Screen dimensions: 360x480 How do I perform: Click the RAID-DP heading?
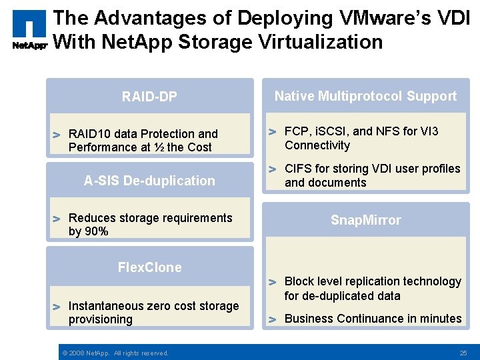(x=149, y=97)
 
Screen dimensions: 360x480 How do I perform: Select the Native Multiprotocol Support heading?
(x=365, y=96)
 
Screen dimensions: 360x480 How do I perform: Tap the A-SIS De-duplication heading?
(x=149, y=181)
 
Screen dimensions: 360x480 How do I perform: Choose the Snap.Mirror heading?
(x=366, y=221)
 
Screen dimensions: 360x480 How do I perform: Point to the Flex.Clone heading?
(x=149, y=267)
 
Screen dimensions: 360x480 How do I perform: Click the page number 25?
(x=463, y=353)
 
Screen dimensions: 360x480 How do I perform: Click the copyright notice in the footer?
(x=115, y=353)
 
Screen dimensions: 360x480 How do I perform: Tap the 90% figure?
(x=97, y=231)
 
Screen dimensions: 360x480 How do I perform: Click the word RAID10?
(x=89, y=134)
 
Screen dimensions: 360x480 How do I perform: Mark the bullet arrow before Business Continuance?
(x=272, y=319)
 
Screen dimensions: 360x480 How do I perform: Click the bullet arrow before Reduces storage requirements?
(x=57, y=219)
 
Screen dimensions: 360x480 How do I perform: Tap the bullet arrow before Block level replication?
(x=272, y=282)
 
